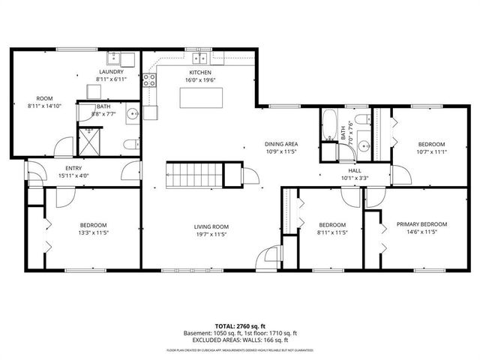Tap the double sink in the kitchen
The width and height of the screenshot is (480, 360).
200,58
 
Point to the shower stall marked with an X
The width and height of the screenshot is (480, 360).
89,139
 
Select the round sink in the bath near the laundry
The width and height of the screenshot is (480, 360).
131,115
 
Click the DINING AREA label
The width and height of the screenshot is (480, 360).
281,144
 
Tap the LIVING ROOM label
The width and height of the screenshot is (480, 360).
210,226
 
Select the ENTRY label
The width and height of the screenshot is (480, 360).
73,168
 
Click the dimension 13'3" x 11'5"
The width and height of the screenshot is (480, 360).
94,232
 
